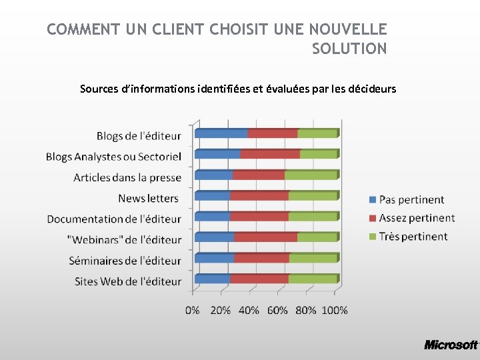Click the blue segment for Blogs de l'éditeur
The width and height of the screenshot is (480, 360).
point(221,133)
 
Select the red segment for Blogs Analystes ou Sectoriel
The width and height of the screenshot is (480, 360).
point(270,154)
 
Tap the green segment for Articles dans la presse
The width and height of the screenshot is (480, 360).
point(311,175)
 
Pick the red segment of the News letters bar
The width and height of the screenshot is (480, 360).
point(259,196)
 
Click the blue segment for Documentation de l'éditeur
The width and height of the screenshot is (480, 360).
point(212,217)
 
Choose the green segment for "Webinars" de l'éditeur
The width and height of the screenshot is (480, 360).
point(317,237)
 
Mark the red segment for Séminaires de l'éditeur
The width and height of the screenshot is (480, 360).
point(261,258)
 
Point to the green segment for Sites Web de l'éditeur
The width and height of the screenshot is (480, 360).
point(312,279)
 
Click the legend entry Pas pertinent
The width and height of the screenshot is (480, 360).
point(411,199)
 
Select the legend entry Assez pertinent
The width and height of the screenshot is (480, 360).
point(416,218)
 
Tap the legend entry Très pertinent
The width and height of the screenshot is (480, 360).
point(413,236)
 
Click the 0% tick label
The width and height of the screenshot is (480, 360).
point(192,310)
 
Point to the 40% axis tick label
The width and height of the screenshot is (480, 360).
point(249,310)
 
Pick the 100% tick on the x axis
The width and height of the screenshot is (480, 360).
point(335,310)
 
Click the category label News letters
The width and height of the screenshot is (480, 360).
point(148,198)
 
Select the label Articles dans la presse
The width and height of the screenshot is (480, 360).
point(127,177)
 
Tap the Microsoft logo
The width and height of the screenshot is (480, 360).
point(451,345)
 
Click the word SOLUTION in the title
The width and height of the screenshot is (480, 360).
point(349,49)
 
